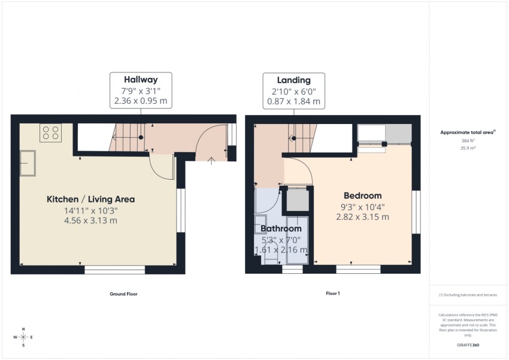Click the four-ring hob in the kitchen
[50, 133]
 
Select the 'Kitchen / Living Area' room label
[91, 199]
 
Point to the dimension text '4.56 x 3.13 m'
[91, 220]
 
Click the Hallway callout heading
[141, 80]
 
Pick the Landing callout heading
[293, 80]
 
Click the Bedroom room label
[362, 196]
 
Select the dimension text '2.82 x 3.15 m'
[362, 217]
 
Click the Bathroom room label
[280, 229]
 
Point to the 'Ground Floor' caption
[123, 294]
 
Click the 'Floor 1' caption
[332, 294]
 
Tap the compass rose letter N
[23, 329]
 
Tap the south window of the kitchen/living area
[114, 270]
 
